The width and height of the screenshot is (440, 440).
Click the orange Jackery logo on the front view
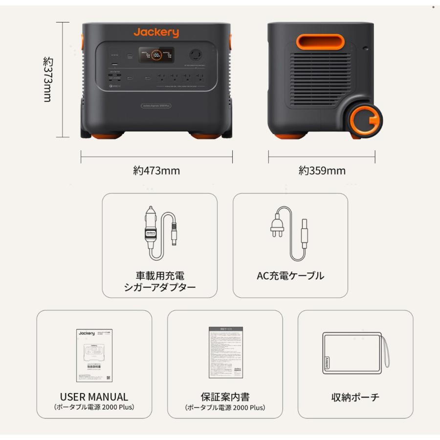[156, 33]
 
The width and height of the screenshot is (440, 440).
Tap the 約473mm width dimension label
[156, 171]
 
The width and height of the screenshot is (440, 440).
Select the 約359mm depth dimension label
[322, 171]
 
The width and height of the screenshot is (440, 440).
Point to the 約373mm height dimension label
[47, 79]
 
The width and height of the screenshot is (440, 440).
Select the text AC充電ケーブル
[290, 276]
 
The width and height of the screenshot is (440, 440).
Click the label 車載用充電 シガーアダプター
[159, 281]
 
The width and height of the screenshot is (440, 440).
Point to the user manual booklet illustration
[94, 355]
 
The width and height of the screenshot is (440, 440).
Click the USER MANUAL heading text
[94, 397]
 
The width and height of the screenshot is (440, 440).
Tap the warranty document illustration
[225, 352]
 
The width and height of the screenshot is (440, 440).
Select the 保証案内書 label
[225, 396]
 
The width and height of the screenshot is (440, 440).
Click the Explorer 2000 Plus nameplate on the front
[156, 105]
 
